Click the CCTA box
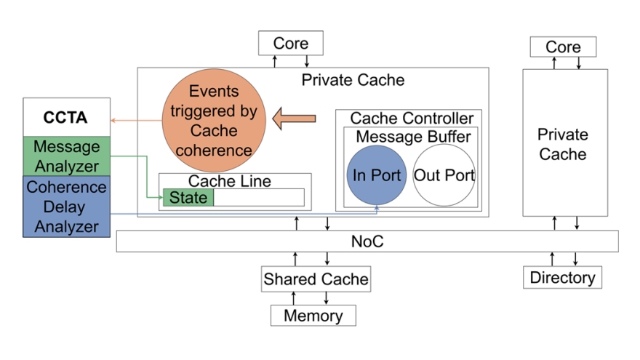(66, 117)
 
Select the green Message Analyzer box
(66, 156)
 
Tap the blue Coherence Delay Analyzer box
(66, 207)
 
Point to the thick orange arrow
(295, 117)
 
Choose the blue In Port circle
(375, 175)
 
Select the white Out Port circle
(444, 175)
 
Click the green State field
(188, 198)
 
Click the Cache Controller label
(412, 119)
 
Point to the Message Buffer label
(412, 137)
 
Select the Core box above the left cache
(290, 43)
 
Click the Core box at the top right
(563, 47)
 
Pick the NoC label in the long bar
(367, 241)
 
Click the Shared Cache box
(316, 279)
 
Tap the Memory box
(313, 316)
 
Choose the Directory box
(562, 277)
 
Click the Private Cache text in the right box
(563, 144)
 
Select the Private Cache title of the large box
(353, 80)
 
